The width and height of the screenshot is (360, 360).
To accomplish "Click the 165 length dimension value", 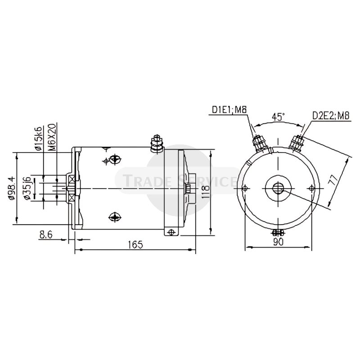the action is [x=135, y=244].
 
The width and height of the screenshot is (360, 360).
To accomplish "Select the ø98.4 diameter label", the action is [x=12, y=188].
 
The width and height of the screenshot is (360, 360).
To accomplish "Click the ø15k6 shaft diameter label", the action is [x=39, y=139].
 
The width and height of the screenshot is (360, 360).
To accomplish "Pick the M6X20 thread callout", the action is [x=52, y=137].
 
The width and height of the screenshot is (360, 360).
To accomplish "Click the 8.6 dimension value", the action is [x=46, y=234].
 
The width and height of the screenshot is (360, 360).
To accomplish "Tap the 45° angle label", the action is [x=278, y=117].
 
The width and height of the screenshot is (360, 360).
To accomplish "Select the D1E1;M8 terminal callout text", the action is [x=229, y=109].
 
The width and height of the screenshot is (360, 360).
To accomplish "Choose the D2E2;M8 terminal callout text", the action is [x=331, y=116].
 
